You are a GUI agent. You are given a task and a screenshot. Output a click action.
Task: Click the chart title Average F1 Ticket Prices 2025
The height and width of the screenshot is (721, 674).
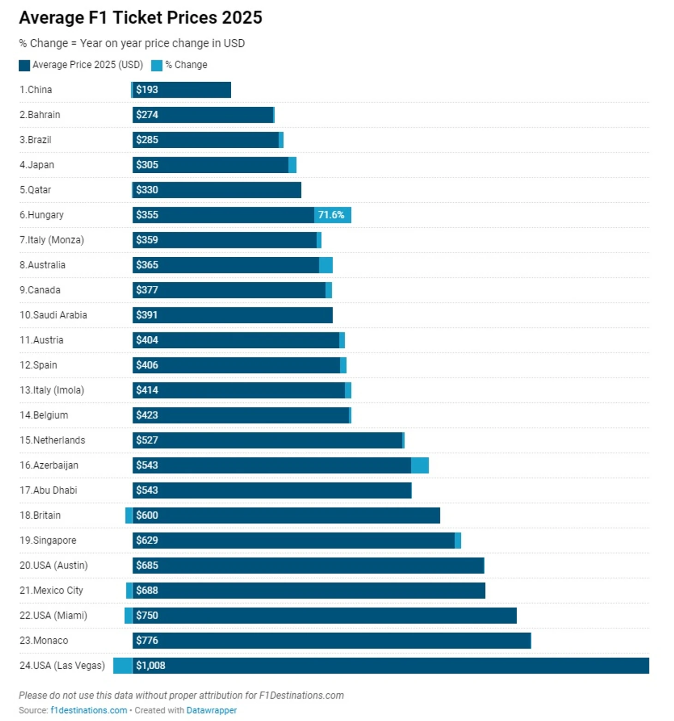(140, 18)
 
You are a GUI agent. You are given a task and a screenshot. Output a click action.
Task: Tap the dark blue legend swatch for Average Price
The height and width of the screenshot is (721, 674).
(24, 65)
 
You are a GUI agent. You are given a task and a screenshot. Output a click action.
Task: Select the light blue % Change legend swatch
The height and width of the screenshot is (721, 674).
(157, 65)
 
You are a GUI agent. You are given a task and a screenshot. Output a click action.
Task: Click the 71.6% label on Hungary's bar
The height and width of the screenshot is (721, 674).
(331, 215)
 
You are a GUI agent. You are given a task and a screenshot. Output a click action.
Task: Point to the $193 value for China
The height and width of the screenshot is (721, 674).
(147, 90)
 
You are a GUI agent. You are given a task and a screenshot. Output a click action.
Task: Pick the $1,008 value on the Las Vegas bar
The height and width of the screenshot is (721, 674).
(150, 665)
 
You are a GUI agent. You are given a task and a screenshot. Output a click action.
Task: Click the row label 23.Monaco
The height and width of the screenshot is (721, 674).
(44, 640)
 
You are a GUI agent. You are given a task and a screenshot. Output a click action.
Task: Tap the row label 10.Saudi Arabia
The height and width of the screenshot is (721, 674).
(53, 315)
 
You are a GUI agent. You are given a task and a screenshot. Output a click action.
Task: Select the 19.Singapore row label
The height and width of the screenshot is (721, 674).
(48, 540)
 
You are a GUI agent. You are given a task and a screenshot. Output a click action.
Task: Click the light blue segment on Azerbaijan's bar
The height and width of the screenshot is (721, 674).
(420, 465)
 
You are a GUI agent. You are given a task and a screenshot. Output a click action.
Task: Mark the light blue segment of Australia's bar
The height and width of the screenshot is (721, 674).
(325, 265)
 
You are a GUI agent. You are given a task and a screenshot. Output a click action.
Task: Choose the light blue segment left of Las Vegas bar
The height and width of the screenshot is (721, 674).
(122, 665)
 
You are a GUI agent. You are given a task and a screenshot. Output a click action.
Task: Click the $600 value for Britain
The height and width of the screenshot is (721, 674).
(147, 515)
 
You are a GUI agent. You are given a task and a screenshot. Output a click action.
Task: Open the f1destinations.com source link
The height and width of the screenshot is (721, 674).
(89, 710)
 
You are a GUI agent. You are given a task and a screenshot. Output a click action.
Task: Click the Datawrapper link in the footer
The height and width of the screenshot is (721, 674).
(211, 710)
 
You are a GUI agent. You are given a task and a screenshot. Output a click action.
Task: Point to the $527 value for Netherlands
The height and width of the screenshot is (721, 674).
(147, 440)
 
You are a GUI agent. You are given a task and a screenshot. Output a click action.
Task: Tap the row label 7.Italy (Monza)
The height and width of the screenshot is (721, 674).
(52, 240)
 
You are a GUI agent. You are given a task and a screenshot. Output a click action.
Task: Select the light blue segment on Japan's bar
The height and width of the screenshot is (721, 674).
(292, 165)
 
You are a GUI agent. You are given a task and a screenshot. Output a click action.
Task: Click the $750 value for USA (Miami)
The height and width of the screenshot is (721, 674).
(147, 615)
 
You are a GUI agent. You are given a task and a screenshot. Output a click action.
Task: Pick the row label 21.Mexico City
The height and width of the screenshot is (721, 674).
(51, 590)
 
